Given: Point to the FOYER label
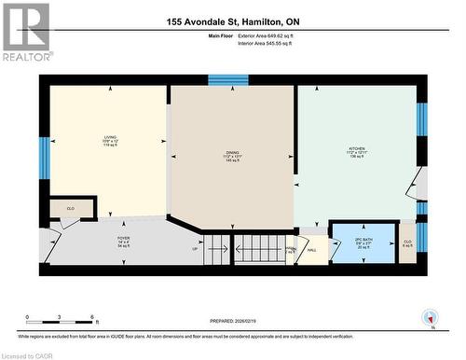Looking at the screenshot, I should [123, 242].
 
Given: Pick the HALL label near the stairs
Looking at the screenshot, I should [312, 250].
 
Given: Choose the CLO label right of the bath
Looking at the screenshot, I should [407, 244].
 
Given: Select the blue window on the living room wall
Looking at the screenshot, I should [43, 157].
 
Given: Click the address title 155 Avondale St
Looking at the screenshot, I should [233, 21].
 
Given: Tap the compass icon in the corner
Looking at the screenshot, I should [430, 317].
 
